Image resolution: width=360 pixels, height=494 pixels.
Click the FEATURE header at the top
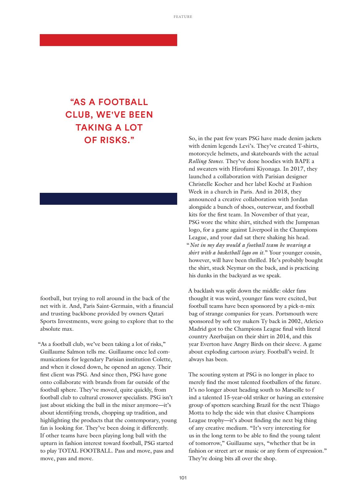click(183, 17)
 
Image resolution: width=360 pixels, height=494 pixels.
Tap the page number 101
click(183, 477)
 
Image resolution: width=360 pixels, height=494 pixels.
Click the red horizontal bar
click(108, 40)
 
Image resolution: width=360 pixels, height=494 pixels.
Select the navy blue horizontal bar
click(108, 199)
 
